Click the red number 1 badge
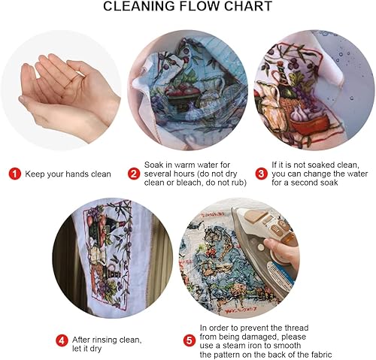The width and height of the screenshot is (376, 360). [15, 174]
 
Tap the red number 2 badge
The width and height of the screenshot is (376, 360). [134, 174]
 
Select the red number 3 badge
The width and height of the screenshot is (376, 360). [261, 174]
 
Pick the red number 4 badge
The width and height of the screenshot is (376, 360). [62, 340]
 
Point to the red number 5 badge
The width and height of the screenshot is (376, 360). [190, 340]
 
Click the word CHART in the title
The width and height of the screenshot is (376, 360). [248, 6]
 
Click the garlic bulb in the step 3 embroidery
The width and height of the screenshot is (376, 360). [300, 113]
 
